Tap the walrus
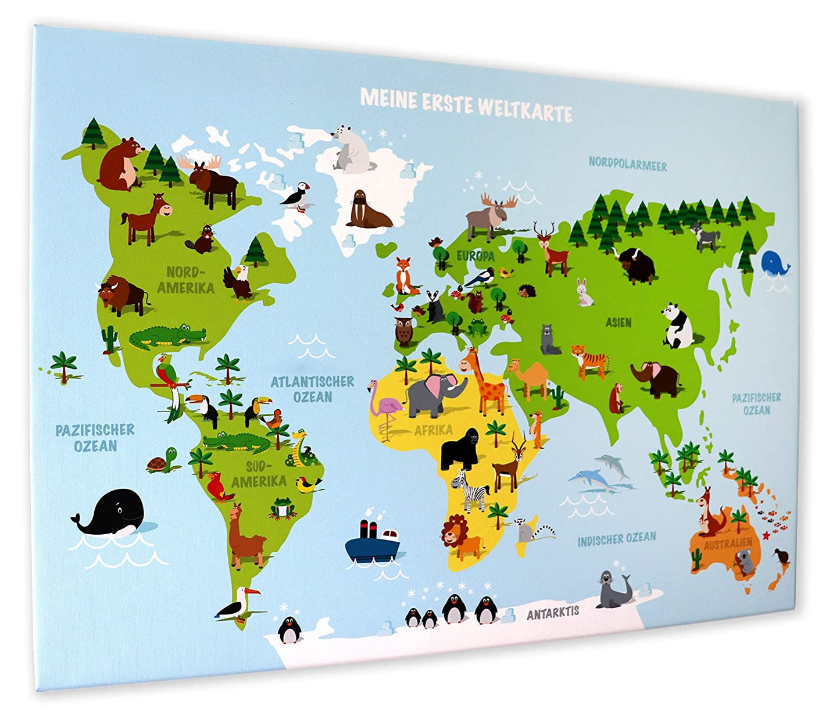coord(367,210)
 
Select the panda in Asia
coord(677,326)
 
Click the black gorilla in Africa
coord(460,449)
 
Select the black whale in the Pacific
coord(113,513)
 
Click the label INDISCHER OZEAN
coord(616,539)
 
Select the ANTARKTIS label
coord(553,612)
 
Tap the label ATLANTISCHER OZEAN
coord(313,389)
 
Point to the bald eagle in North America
coord(238,282)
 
